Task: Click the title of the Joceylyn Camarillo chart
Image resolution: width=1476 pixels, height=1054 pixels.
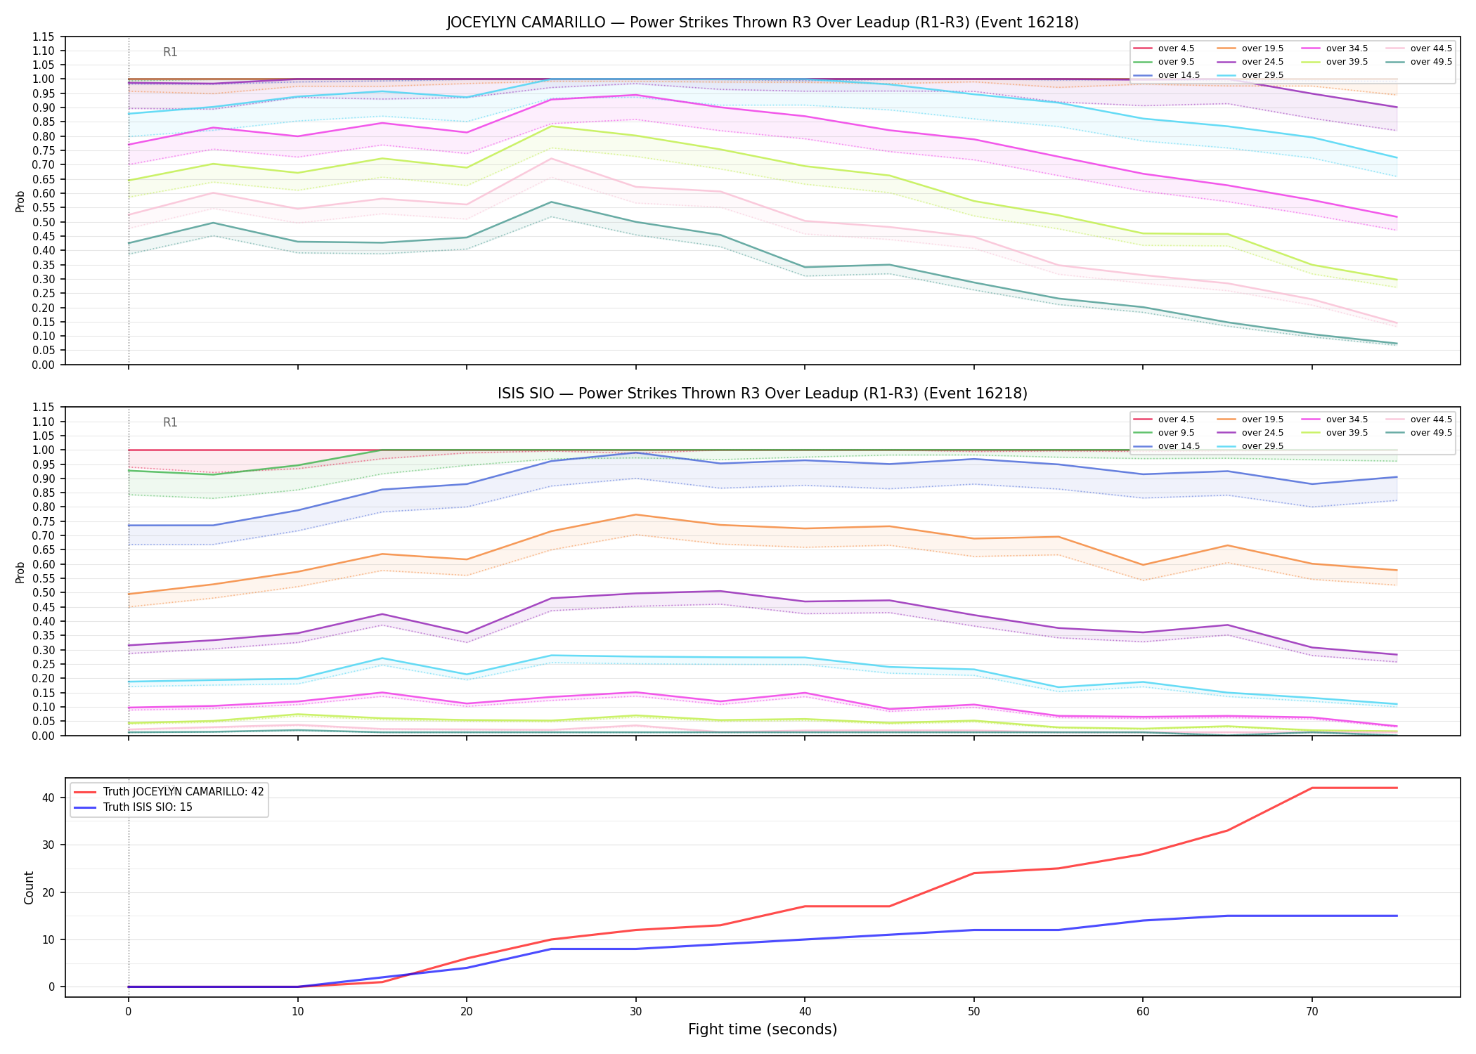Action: click(763, 22)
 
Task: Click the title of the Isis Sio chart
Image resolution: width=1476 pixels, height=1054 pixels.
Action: click(763, 393)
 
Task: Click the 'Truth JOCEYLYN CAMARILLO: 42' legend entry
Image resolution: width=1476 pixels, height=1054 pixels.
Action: click(169, 792)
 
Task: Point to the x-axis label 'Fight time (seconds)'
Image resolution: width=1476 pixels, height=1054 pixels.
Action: click(763, 1029)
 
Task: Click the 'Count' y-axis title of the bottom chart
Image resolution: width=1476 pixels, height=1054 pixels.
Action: click(29, 887)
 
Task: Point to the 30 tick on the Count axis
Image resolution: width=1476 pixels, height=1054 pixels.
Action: click(50, 845)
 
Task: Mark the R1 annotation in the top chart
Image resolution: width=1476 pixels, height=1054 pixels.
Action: click(170, 52)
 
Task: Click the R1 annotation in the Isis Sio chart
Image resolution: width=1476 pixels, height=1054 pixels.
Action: click(170, 422)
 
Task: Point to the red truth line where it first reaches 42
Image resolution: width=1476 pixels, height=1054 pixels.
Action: click(1312, 788)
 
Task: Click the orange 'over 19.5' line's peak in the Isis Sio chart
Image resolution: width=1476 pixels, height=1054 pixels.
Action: click(636, 515)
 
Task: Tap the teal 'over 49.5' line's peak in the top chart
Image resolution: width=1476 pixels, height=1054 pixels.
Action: click(552, 202)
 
